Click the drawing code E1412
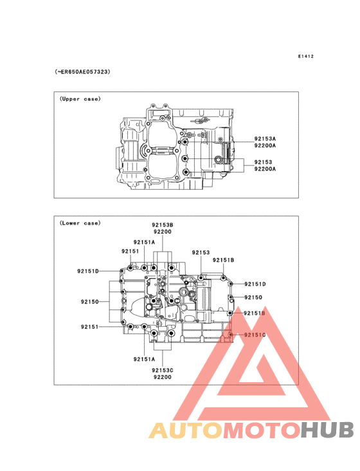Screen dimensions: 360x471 point(306,56)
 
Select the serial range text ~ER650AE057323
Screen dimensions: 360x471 point(82,72)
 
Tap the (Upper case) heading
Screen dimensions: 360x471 point(80,99)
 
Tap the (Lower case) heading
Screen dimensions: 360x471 point(80,223)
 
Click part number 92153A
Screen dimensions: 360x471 point(265,138)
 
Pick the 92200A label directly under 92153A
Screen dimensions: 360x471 point(265,145)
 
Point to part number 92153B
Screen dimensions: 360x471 point(162,225)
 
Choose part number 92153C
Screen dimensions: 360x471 point(162,371)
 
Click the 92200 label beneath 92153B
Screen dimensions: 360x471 point(162,232)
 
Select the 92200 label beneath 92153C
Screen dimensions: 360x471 point(162,377)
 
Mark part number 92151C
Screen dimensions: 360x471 point(255,335)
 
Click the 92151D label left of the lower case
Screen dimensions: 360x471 point(88,271)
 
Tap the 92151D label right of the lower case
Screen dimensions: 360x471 point(255,284)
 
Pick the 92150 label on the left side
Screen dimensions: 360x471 point(90,302)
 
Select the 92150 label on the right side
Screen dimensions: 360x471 point(253,297)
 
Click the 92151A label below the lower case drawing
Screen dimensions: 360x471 point(144,359)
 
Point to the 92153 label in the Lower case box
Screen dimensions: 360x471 point(201,252)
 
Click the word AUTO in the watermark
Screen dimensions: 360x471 point(186,430)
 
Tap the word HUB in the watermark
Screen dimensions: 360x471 point(328,430)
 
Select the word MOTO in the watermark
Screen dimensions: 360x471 point(262,430)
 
